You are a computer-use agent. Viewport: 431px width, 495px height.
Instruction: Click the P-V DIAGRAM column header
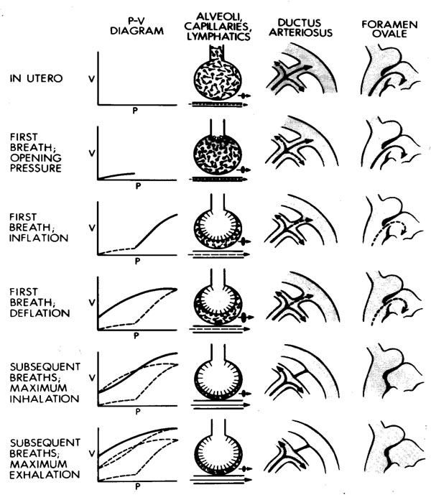click(x=136, y=26)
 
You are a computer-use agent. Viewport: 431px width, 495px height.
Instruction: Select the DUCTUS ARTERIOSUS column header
click(x=300, y=27)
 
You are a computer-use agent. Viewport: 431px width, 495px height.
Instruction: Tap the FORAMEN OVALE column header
click(x=389, y=29)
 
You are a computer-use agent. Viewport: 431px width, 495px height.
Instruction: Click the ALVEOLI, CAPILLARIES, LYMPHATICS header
click(x=218, y=27)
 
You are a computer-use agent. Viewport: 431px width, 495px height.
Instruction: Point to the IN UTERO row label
click(x=36, y=78)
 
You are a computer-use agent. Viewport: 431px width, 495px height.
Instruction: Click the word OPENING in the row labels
click(x=36, y=158)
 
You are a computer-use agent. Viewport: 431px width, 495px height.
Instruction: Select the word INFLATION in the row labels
click(x=39, y=238)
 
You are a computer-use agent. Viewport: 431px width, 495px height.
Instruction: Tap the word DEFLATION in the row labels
click(x=40, y=313)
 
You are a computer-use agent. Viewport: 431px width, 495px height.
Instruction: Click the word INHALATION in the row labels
click(x=45, y=399)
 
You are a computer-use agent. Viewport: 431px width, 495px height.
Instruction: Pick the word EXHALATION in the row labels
click(x=45, y=474)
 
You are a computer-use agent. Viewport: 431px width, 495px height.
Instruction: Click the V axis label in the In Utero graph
click(x=91, y=78)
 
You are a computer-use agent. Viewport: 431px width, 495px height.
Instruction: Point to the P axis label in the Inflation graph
click(x=137, y=261)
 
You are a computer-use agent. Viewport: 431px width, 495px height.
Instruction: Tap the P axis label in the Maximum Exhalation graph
click(x=138, y=486)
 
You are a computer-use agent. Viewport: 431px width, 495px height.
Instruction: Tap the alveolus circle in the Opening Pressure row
click(x=218, y=154)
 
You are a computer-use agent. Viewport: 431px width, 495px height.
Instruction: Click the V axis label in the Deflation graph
click(x=92, y=302)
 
